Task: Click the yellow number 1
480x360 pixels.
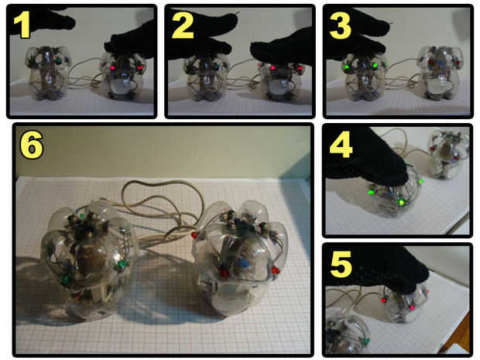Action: coord(22,25)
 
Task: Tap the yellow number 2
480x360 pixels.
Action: coord(183,26)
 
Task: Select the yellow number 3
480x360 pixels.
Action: coord(340,26)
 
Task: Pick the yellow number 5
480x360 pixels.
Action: coord(341,265)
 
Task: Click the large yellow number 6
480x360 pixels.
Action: coord(31,146)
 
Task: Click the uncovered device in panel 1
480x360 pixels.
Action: coord(49,74)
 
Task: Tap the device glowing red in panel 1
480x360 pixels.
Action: coord(122,78)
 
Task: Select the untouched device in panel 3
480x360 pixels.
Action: coord(440,74)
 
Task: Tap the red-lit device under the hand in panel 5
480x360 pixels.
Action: coord(404,303)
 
